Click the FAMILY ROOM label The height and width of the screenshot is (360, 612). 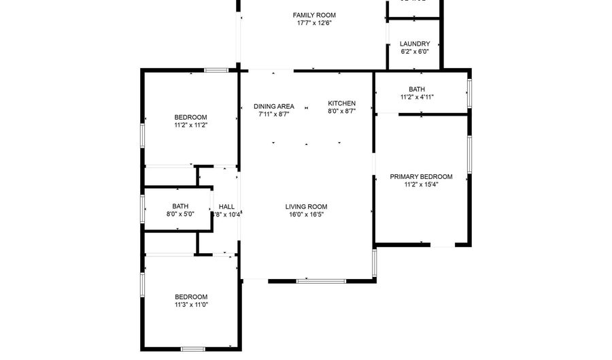(314, 15)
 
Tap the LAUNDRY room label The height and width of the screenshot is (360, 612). (415, 44)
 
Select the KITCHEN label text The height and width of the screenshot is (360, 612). (341, 103)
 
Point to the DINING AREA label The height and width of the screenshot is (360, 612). (274, 106)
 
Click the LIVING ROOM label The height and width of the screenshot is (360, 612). (306, 207)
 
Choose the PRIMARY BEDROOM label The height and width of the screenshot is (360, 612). (421, 177)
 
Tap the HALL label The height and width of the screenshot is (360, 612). (226, 207)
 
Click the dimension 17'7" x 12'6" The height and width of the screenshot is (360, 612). (314, 23)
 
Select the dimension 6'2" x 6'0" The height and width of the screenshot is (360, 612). (415, 52)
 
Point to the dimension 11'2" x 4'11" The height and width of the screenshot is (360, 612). (417, 97)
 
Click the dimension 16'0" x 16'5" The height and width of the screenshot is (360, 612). (306, 215)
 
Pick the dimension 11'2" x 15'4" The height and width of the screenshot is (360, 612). (421, 184)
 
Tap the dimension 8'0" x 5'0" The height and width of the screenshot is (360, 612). (180, 214)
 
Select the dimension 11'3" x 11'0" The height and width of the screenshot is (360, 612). (191, 305)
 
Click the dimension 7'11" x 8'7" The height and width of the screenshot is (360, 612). (274, 114)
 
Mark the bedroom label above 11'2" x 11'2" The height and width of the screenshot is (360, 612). (190, 117)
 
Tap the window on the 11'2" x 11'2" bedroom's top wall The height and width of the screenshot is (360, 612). (217, 69)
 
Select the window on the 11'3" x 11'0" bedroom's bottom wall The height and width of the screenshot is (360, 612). (193, 349)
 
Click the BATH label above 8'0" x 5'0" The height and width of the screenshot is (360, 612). (180, 206)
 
